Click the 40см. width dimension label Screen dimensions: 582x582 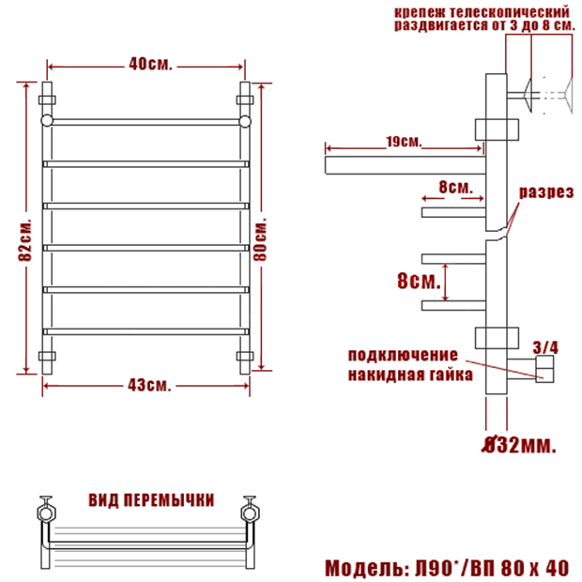click(151, 64)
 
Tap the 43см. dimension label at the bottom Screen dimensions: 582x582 click(149, 385)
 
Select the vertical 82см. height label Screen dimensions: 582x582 click(25, 240)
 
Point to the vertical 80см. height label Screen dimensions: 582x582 click(260, 239)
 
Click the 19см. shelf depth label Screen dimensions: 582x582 click(404, 142)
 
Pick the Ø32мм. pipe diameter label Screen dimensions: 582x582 click(518, 445)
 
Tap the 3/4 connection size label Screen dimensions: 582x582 click(545, 347)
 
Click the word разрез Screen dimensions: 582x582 click(546, 192)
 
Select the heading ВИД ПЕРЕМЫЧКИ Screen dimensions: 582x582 click(151, 500)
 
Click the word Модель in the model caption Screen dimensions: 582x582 click(364, 568)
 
